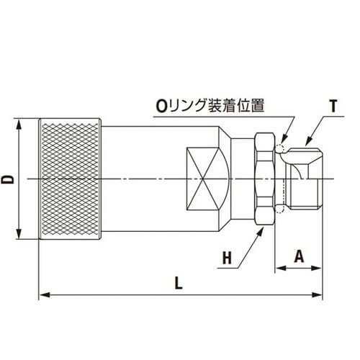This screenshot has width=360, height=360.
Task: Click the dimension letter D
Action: tap(8, 178)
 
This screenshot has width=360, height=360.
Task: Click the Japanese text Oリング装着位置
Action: tap(209, 106)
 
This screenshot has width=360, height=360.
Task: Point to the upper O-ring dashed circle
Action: tap(281, 150)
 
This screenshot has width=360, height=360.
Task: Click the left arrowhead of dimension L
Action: tap(42, 294)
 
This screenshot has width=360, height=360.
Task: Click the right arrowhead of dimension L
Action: tap(319, 294)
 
